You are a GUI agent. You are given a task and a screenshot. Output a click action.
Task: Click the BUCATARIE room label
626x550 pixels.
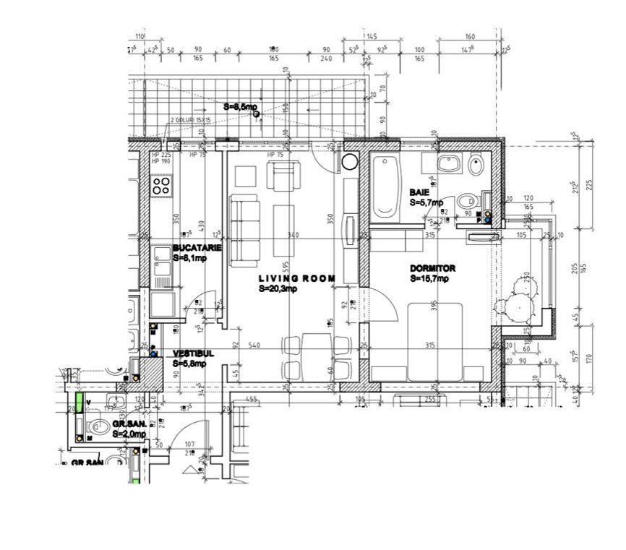(x=197, y=247)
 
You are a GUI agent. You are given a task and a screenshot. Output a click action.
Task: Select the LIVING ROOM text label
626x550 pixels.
(x=297, y=278)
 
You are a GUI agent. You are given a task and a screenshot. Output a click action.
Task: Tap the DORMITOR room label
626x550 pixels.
(x=433, y=267)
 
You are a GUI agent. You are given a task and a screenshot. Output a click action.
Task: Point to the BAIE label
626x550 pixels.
(x=419, y=193)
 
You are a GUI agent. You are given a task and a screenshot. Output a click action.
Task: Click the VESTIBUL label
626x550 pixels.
(x=193, y=354)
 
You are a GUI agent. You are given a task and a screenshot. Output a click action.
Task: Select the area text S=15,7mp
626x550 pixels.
(x=429, y=278)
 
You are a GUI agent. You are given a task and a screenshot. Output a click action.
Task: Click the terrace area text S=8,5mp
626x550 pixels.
(x=240, y=106)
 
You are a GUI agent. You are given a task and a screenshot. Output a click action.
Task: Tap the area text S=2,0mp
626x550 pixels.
(x=129, y=434)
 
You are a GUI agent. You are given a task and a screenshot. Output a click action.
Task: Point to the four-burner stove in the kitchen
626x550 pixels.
(x=160, y=186)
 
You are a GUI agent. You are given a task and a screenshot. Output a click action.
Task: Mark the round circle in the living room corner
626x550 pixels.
(x=350, y=162)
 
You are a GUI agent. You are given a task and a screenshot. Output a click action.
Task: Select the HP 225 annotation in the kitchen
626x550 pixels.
(x=160, y=155)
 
